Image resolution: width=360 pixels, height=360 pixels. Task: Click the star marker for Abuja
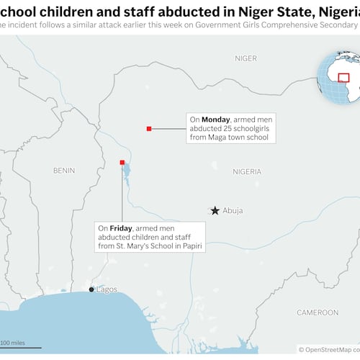[x=214, y=210]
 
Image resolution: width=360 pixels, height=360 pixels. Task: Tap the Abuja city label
[x=233, y=210]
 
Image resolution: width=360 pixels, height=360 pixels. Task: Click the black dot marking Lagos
[x=91, y=289]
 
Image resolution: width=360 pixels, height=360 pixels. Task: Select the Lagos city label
[x=106, y=289]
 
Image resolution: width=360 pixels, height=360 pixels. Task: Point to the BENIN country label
[x=64, y=170]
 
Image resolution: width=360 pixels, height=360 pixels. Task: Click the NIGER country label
[x=246, y=57]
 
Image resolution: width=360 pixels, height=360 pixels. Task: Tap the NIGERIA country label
[x=247, y=171]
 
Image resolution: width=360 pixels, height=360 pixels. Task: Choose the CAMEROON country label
[x=318, y=312]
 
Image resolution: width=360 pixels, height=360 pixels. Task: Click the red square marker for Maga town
[x=148, y=128]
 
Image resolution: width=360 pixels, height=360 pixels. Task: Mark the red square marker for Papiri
[x=122, y=162]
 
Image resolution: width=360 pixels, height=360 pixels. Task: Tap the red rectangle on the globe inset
[x=343, y=78]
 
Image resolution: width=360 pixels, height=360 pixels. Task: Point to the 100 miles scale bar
[x=20, y=347]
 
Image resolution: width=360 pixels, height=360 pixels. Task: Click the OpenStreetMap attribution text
[x=328, y=349]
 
